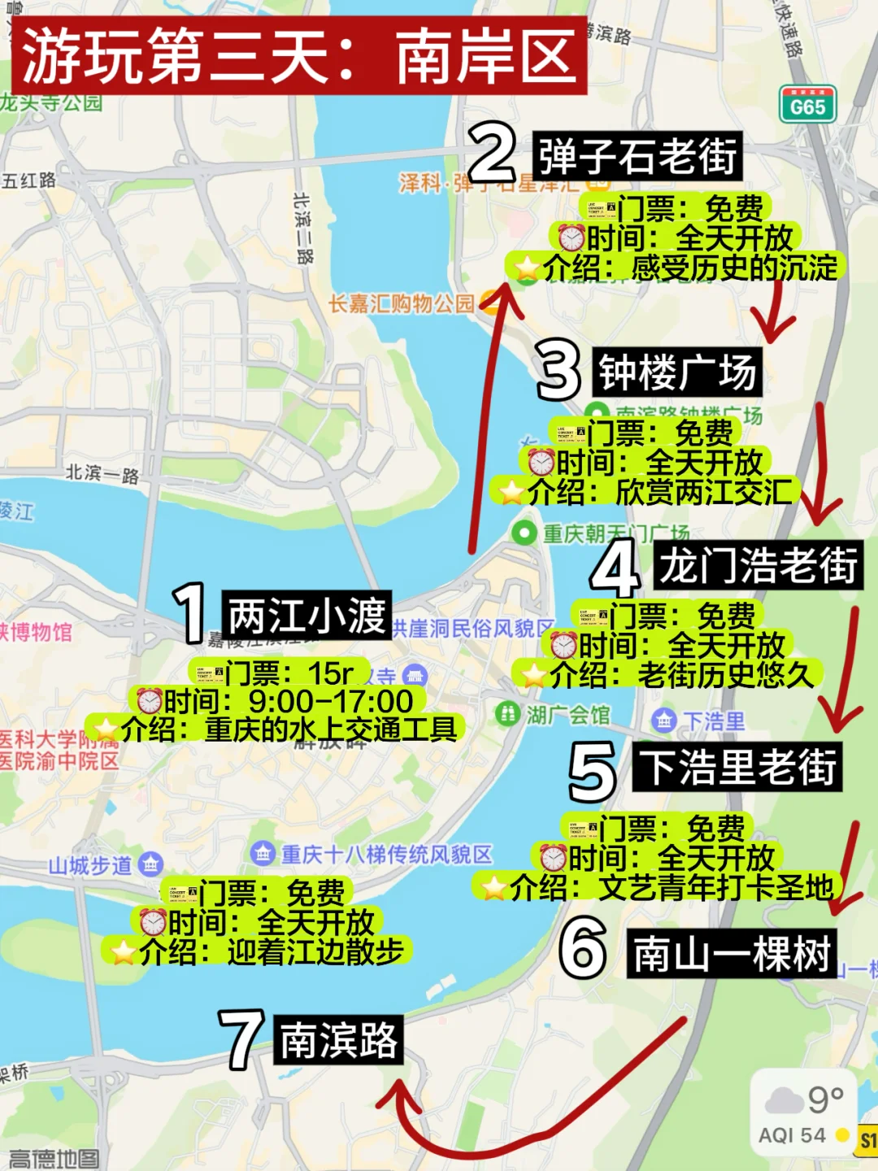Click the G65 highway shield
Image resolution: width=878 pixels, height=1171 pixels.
click(807, 105)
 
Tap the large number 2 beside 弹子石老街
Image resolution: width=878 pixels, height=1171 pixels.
click(492, 152)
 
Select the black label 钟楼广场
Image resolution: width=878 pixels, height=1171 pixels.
click(677, 372)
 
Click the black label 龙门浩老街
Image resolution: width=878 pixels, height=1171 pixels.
click(758, 565)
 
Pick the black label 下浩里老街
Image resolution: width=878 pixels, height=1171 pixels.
click(737, 767)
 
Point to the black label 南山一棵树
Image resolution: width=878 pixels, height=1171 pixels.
click(731, 954)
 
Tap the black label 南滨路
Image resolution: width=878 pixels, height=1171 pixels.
click(338, 1040)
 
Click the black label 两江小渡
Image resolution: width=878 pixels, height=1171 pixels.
click(306, 615)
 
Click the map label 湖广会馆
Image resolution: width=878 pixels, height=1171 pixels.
click(567, 715)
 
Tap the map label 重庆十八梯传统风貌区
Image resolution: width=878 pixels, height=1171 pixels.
click(386, 855)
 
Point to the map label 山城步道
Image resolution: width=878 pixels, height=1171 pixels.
click(90, 865)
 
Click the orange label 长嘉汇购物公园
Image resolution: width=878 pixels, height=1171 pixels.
click(402, 304)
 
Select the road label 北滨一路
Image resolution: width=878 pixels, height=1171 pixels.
click(102, 473)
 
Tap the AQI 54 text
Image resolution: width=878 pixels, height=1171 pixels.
click(791, 1136)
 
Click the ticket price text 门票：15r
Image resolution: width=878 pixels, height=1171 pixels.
click(289, 673)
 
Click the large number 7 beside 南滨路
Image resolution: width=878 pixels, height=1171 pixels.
click(241, 1039)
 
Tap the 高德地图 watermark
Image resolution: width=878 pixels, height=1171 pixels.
click(54, 1159)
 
